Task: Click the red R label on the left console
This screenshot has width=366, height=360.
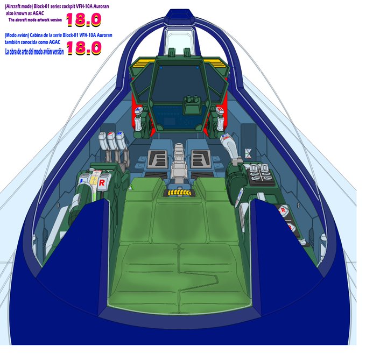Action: point(102,182)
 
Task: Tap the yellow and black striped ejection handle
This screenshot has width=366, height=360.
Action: point(179,191)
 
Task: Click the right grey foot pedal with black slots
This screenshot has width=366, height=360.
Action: point(200,158)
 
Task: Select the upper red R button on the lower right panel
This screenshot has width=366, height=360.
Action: point(283,211)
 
